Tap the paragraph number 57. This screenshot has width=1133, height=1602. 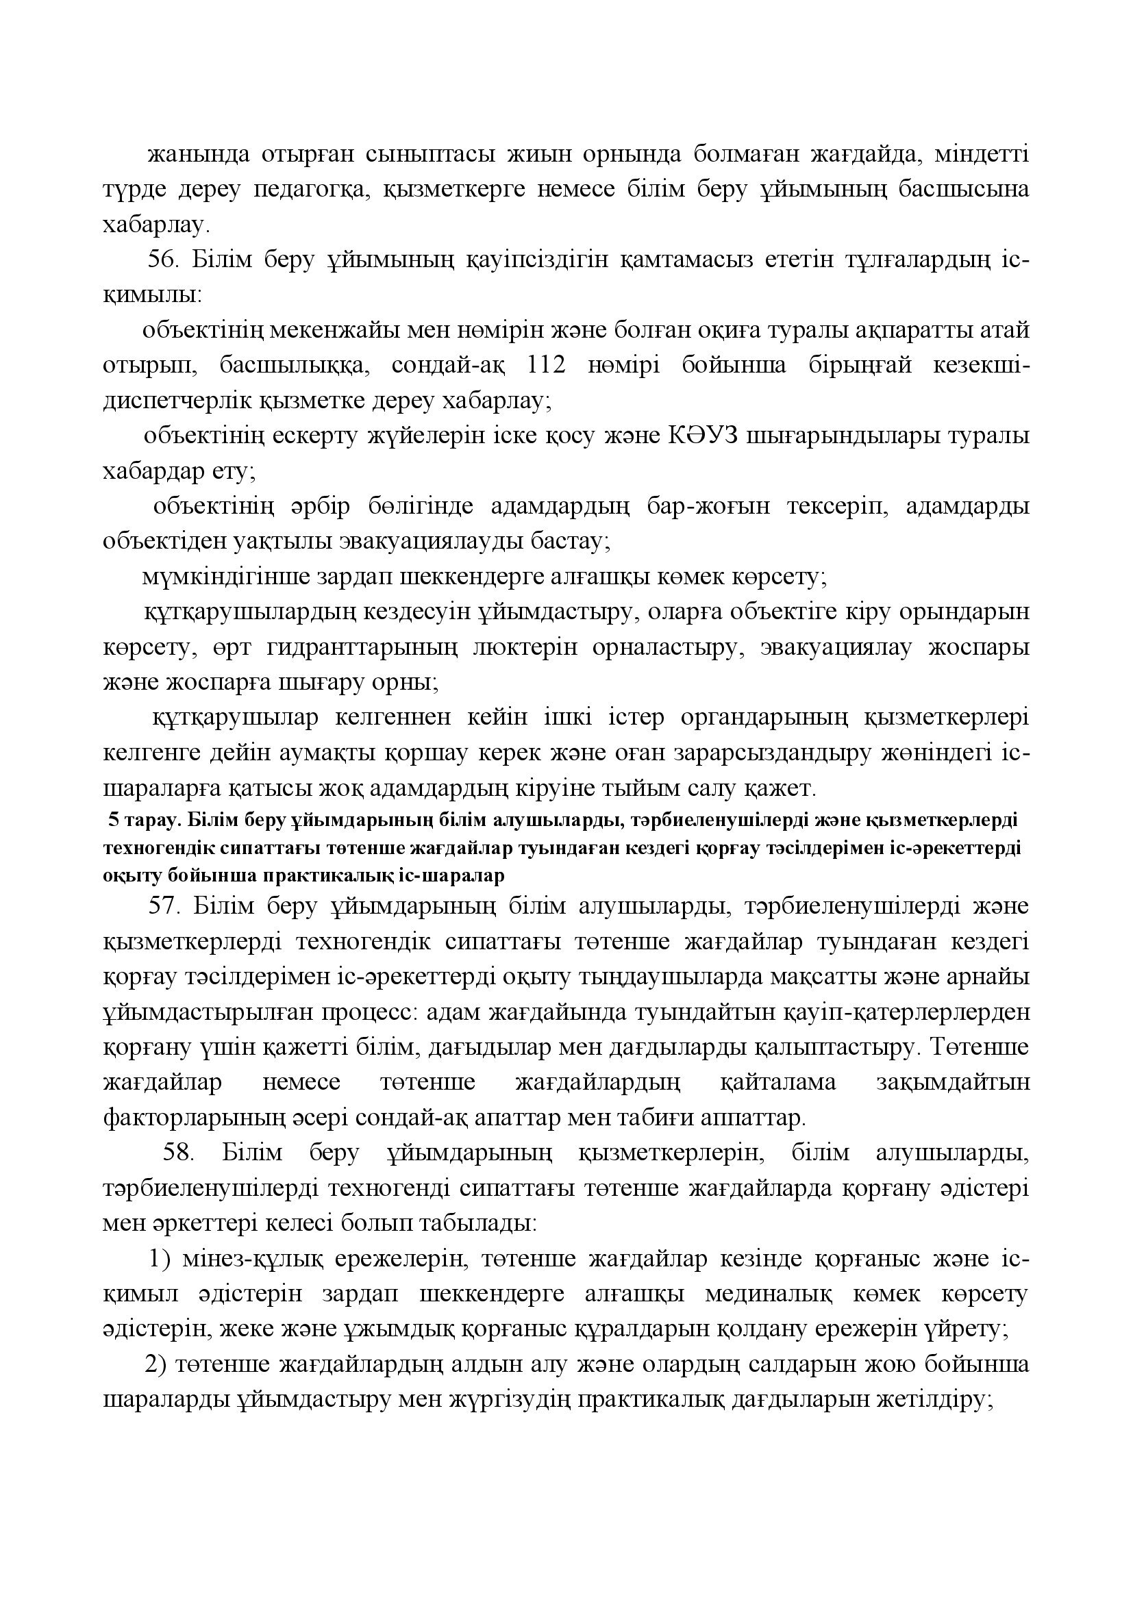(164, 906)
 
